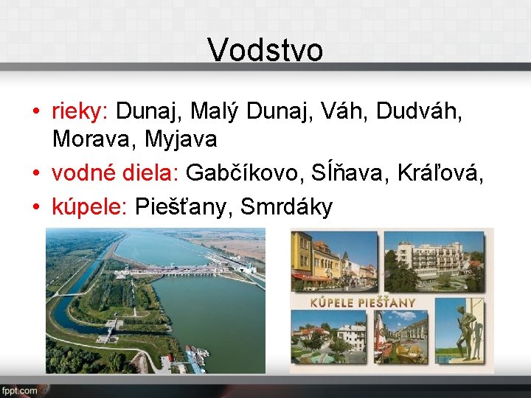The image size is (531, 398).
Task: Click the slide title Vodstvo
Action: [x=265, y=50]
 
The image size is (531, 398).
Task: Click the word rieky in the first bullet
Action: [x=79, y=111]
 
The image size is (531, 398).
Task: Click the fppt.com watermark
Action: [x=20, y=390]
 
